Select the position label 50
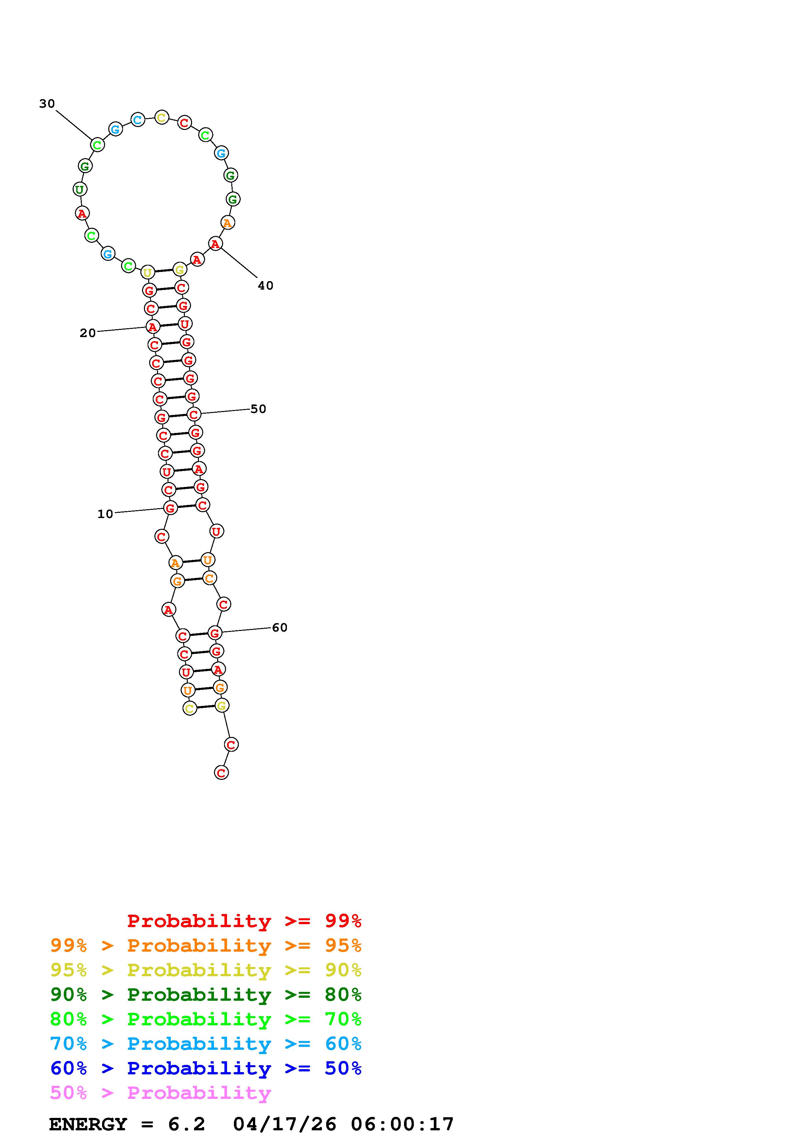tap(258, 409)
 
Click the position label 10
tap(105, 514)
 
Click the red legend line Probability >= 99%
tap(244, 921)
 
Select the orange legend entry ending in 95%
tap(206, 945)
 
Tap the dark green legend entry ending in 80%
tap(206, 995)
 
